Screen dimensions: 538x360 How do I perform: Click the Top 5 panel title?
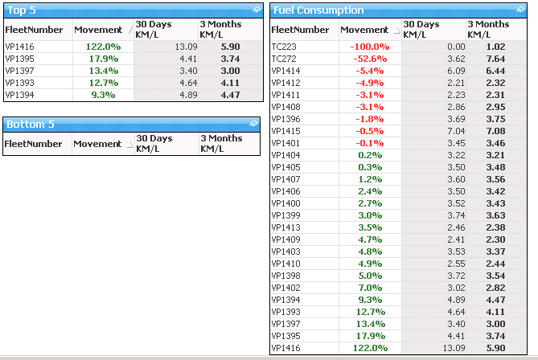tap(22, 10)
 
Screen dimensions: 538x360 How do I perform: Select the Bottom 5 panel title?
tap(31, 124)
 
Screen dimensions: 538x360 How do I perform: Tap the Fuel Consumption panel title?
tap(318, 10)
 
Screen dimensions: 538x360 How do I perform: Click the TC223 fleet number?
tap(284, 47)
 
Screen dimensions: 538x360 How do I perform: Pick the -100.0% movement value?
tap(370, 47)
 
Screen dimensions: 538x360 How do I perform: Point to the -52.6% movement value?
tap(370, 59)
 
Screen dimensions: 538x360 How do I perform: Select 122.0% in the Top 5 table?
tap(103, 47)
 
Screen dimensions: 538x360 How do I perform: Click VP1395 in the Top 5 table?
tap(19, 59)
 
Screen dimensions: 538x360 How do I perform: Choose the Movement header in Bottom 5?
tap(97, 144)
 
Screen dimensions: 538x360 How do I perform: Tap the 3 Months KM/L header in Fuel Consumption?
tap(488, 29)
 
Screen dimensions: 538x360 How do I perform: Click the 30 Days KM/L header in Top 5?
tap(154, 29)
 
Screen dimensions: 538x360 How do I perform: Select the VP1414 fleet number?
tap(285, 71)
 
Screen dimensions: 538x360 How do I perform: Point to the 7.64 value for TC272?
tap(495, 59)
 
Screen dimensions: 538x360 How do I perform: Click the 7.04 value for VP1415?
tap(456, 131)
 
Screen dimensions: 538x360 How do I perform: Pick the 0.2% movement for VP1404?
tap(370, 155)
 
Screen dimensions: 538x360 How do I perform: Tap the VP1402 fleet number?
tap(285, 288)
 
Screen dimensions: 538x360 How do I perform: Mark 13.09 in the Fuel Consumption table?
tap(454, 348)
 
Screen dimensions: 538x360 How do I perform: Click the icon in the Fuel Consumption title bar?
tap(520, 10)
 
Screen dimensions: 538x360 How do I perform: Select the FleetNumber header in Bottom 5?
tap(33, 144)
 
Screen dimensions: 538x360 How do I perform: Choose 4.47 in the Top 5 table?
tap(230, 95)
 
